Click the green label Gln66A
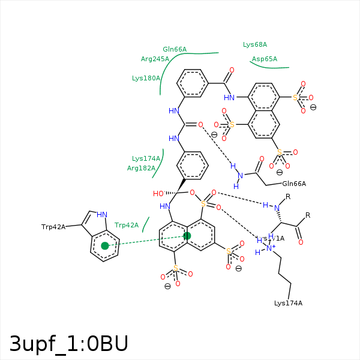pos(175,49)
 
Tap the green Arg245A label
pos(155,59)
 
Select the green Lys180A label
pos(146,78)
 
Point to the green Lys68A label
pos(255,44)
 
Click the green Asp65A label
pos(265,59)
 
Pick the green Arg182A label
pos(142,168)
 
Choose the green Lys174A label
pos(146,158)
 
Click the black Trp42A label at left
pos(53,227)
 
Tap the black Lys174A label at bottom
pos(288,303)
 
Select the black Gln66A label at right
pos(294,184)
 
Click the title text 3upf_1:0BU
pos(68,343)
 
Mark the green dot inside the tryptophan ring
pos(105,245)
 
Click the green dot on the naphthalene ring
pos(187,236)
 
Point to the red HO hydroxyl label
pos(158,194)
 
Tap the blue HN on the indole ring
pos(102,215)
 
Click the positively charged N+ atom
pos(271,248)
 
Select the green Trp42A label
pos(127,225)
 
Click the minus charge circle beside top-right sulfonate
pos(313,107)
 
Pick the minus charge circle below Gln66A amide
pos(280,172)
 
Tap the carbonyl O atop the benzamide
pos(231,70)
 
